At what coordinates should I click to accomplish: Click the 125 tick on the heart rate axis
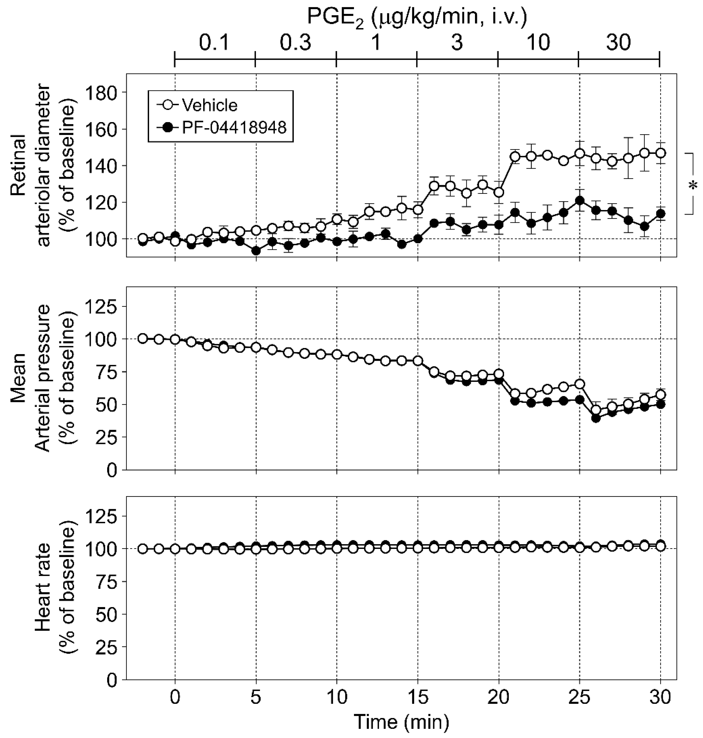pos(101,516)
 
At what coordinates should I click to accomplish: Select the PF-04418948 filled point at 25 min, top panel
pos(580,201)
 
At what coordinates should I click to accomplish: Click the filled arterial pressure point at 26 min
pos(596,418)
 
